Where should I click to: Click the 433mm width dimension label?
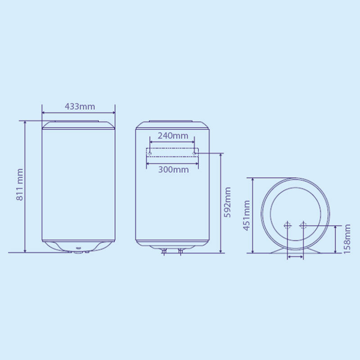[80, 106]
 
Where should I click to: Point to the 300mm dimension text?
[173, 169]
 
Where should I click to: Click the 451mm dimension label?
[246, 215]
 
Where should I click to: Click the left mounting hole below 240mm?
[150, 153]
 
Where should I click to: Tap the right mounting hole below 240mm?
[194, 153]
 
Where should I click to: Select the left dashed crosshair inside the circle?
[288, 225]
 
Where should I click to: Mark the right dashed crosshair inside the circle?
[303, 225]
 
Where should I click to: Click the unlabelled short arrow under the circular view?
[296, 256]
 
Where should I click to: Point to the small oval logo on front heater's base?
[78, 249]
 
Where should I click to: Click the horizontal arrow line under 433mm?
[78, 113]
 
